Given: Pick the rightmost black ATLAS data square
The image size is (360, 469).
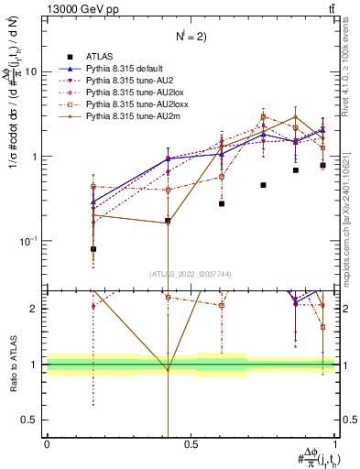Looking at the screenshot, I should (x=322, y=165).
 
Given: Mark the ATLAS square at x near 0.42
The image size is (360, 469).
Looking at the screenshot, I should (x=168, y=221).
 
